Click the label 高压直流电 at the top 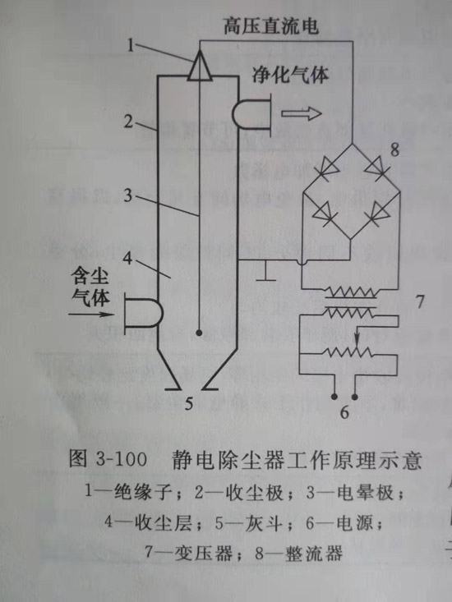click(271, 27)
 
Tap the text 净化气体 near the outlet click(290, 74)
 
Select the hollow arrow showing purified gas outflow click(302, 114)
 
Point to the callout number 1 click(131, 46)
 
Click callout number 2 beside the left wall click(128, 122)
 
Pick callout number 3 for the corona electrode click(127, 195)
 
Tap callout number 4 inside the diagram click(128, 260)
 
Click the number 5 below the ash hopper click(189, 403)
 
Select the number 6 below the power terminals click(344, 412)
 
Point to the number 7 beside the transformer click(421, 301)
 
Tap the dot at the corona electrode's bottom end click(200, 333)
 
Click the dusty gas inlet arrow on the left click(92, 315)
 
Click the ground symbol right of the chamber click(266, 270)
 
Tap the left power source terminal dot click(335, 396)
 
